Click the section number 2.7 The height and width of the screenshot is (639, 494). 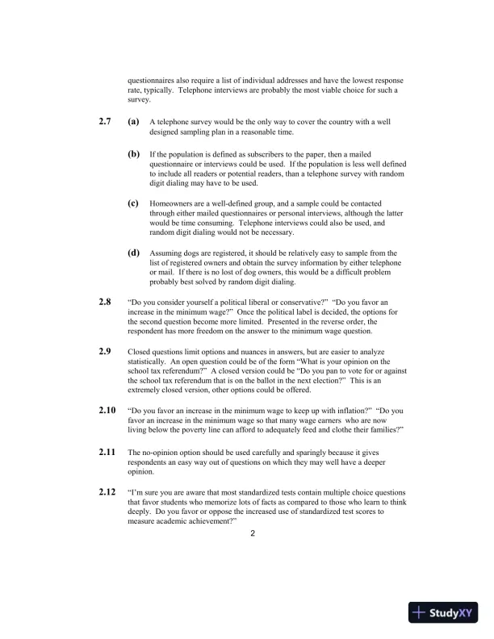104,122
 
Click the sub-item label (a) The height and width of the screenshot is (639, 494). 134,122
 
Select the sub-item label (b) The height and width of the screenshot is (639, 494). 134,152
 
